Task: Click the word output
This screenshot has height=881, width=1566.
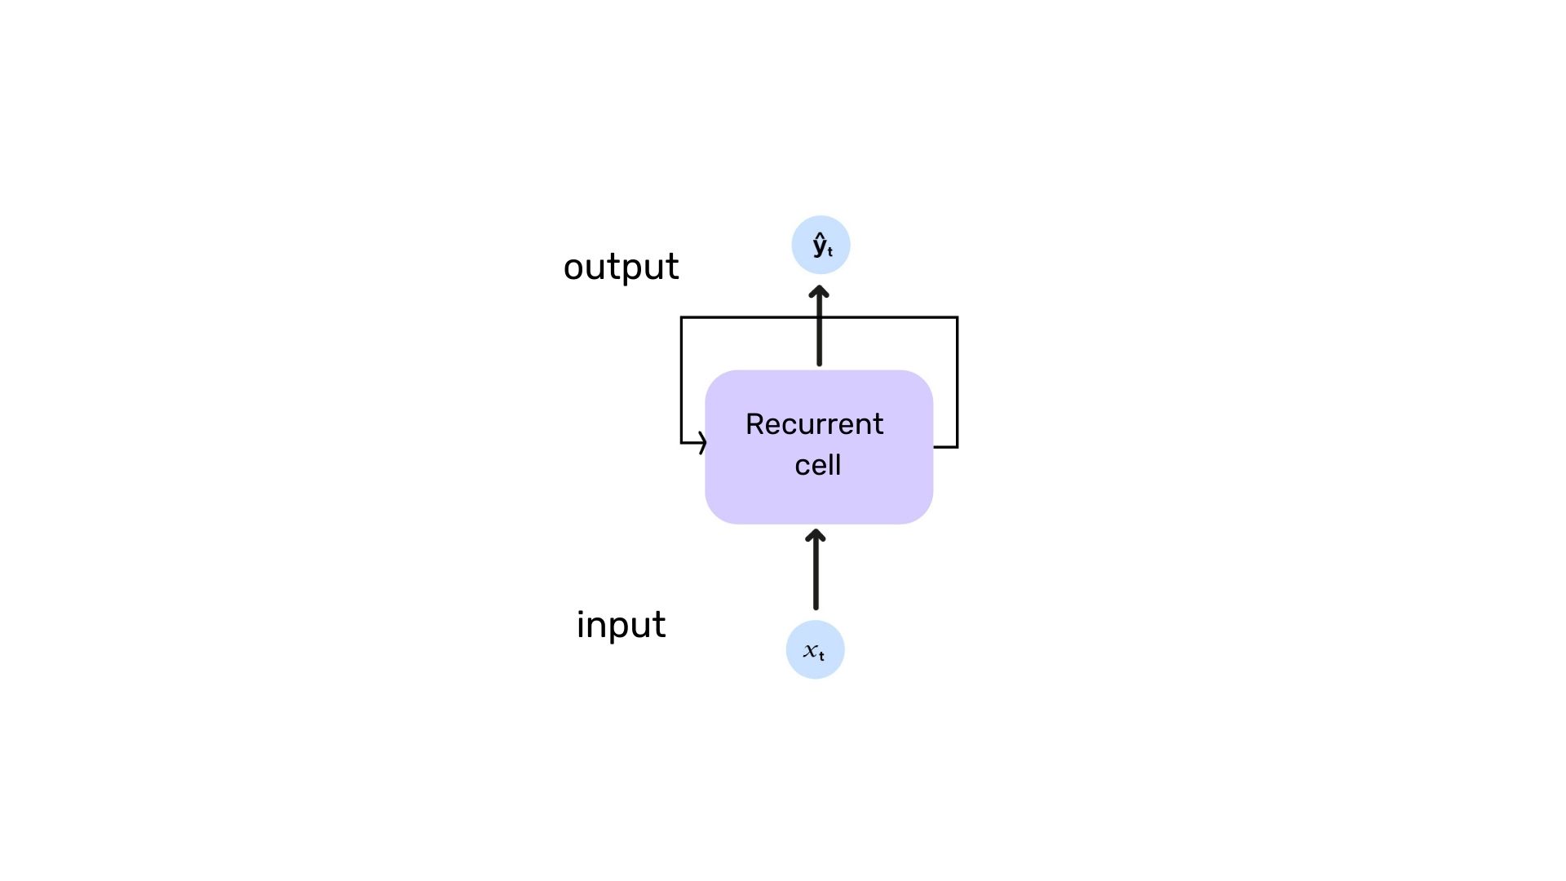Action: [621, 268]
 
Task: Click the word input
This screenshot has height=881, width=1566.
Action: [621, 626]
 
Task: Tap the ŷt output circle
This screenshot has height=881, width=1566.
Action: [821, 245]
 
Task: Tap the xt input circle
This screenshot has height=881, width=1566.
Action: [815, 649]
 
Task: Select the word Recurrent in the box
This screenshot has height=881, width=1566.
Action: [814, 424]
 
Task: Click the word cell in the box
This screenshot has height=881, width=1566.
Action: [817, 465]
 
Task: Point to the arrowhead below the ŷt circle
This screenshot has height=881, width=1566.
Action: [820, 291]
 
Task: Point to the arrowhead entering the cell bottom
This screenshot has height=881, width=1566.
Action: [816, 535]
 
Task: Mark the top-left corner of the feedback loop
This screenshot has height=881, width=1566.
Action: [682, 317]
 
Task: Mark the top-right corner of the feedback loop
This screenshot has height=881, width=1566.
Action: [957, 317]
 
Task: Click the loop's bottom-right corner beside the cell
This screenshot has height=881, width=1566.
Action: [957, 446]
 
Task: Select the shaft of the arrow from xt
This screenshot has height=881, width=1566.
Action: [816, 575]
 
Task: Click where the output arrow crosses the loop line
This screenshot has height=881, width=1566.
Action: [820, 317]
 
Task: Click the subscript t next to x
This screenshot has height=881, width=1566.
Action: [822, 656]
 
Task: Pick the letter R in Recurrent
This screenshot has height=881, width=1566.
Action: [754, 424]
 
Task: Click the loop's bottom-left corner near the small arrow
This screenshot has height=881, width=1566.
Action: [682, 443]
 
